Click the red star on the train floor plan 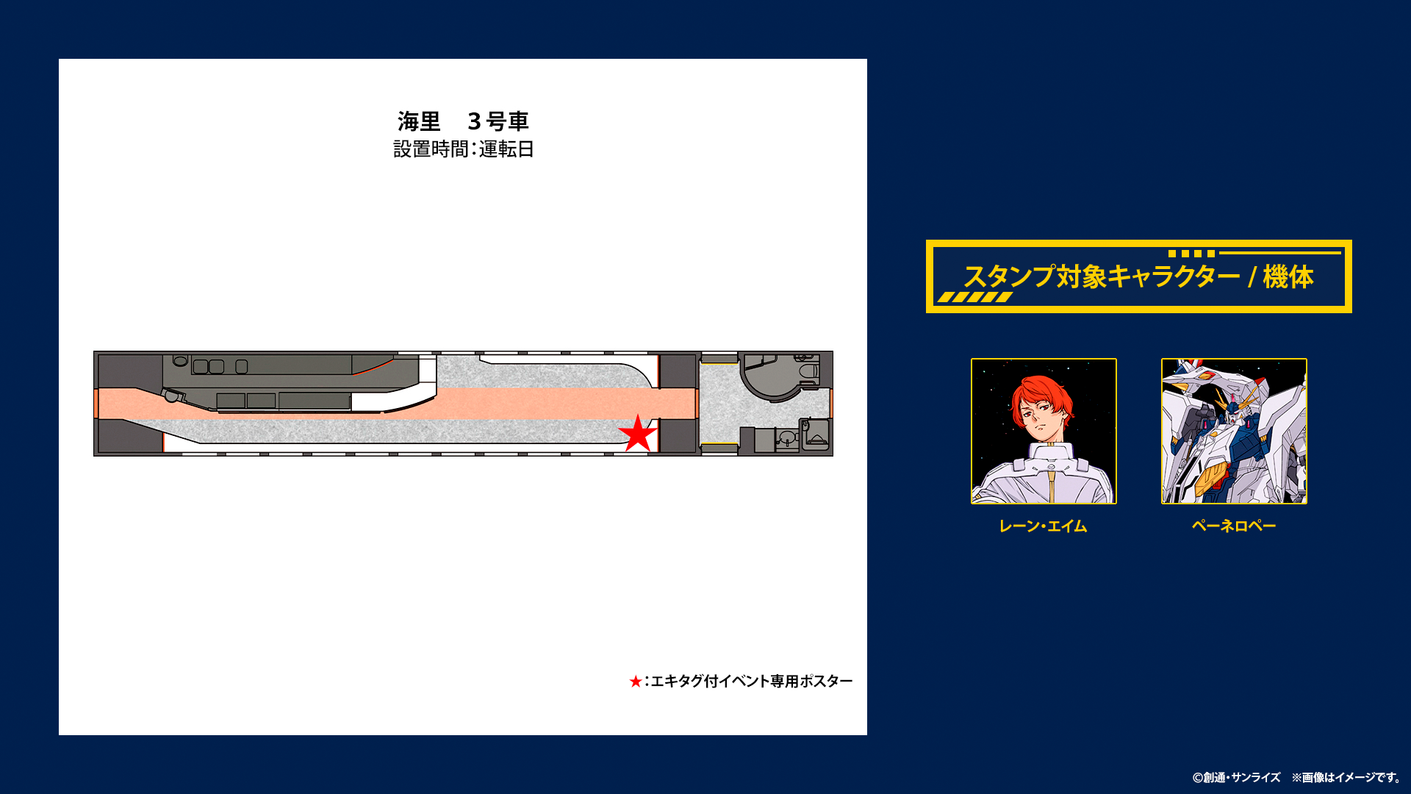click(x=637, y=434)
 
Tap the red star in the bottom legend click(x=636, y=682)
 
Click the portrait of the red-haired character click(x=1044, y=431)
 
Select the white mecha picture click(x=1234, y=431)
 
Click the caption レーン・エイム click(x=1043, y=526)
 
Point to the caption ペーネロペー click(x=1234, y=526)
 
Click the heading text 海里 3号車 click(x=463, y=121)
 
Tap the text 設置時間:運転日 click(x=463, y=149)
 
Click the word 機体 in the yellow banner click(x=1288, y=277)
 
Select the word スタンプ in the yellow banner click(x=1009, y=277)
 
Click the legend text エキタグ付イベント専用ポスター click(x=752, y=682)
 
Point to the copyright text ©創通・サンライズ click(x=1236, y=778)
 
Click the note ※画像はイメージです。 click(x=1346, y=778)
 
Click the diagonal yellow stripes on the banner click(x=974, y=297)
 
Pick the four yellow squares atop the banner click(x=1191, y=254)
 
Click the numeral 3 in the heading click(x=474, y=121)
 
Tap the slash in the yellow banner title click(x=1251, y=277)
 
